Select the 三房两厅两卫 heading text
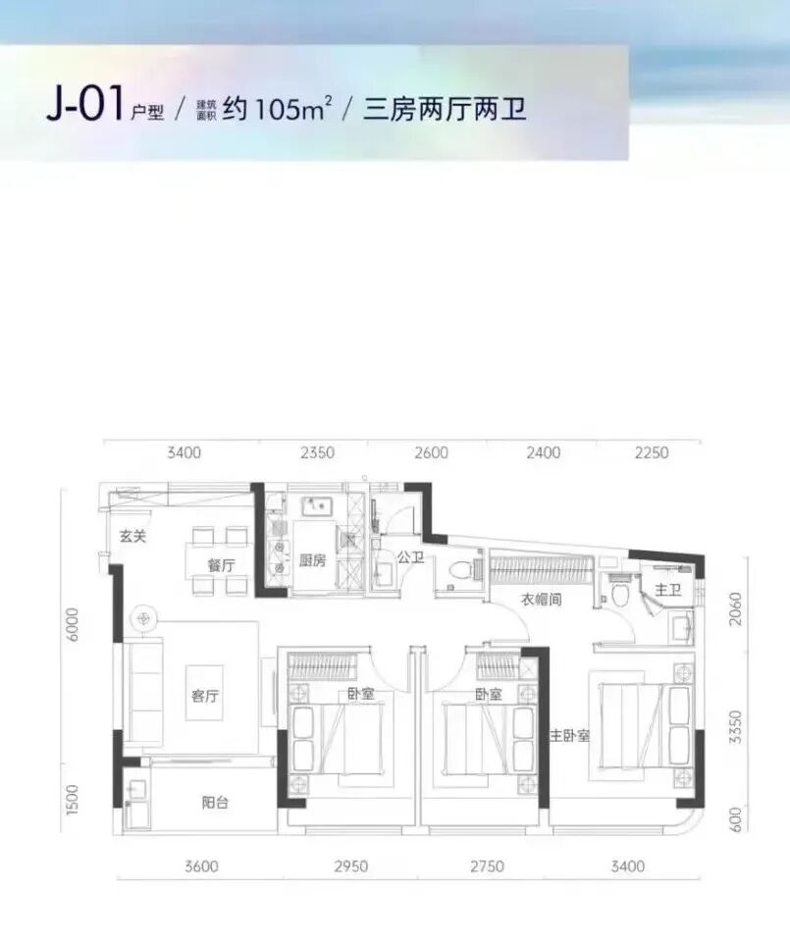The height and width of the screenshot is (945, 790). (x=445, y=108)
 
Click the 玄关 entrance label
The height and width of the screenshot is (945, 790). (x=132, y=536)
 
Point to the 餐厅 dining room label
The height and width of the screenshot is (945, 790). (x=221, y=565)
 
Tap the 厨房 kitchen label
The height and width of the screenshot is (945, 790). (x=313, y=561)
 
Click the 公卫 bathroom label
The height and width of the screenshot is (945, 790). (x=409, y=557)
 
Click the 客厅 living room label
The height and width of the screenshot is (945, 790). (x=204, y=696)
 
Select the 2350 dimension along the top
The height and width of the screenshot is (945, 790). (x=318, y=453)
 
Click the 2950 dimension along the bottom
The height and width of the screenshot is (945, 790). (x=350, y=866)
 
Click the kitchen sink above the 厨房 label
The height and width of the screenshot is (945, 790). (x=318, y=507)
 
